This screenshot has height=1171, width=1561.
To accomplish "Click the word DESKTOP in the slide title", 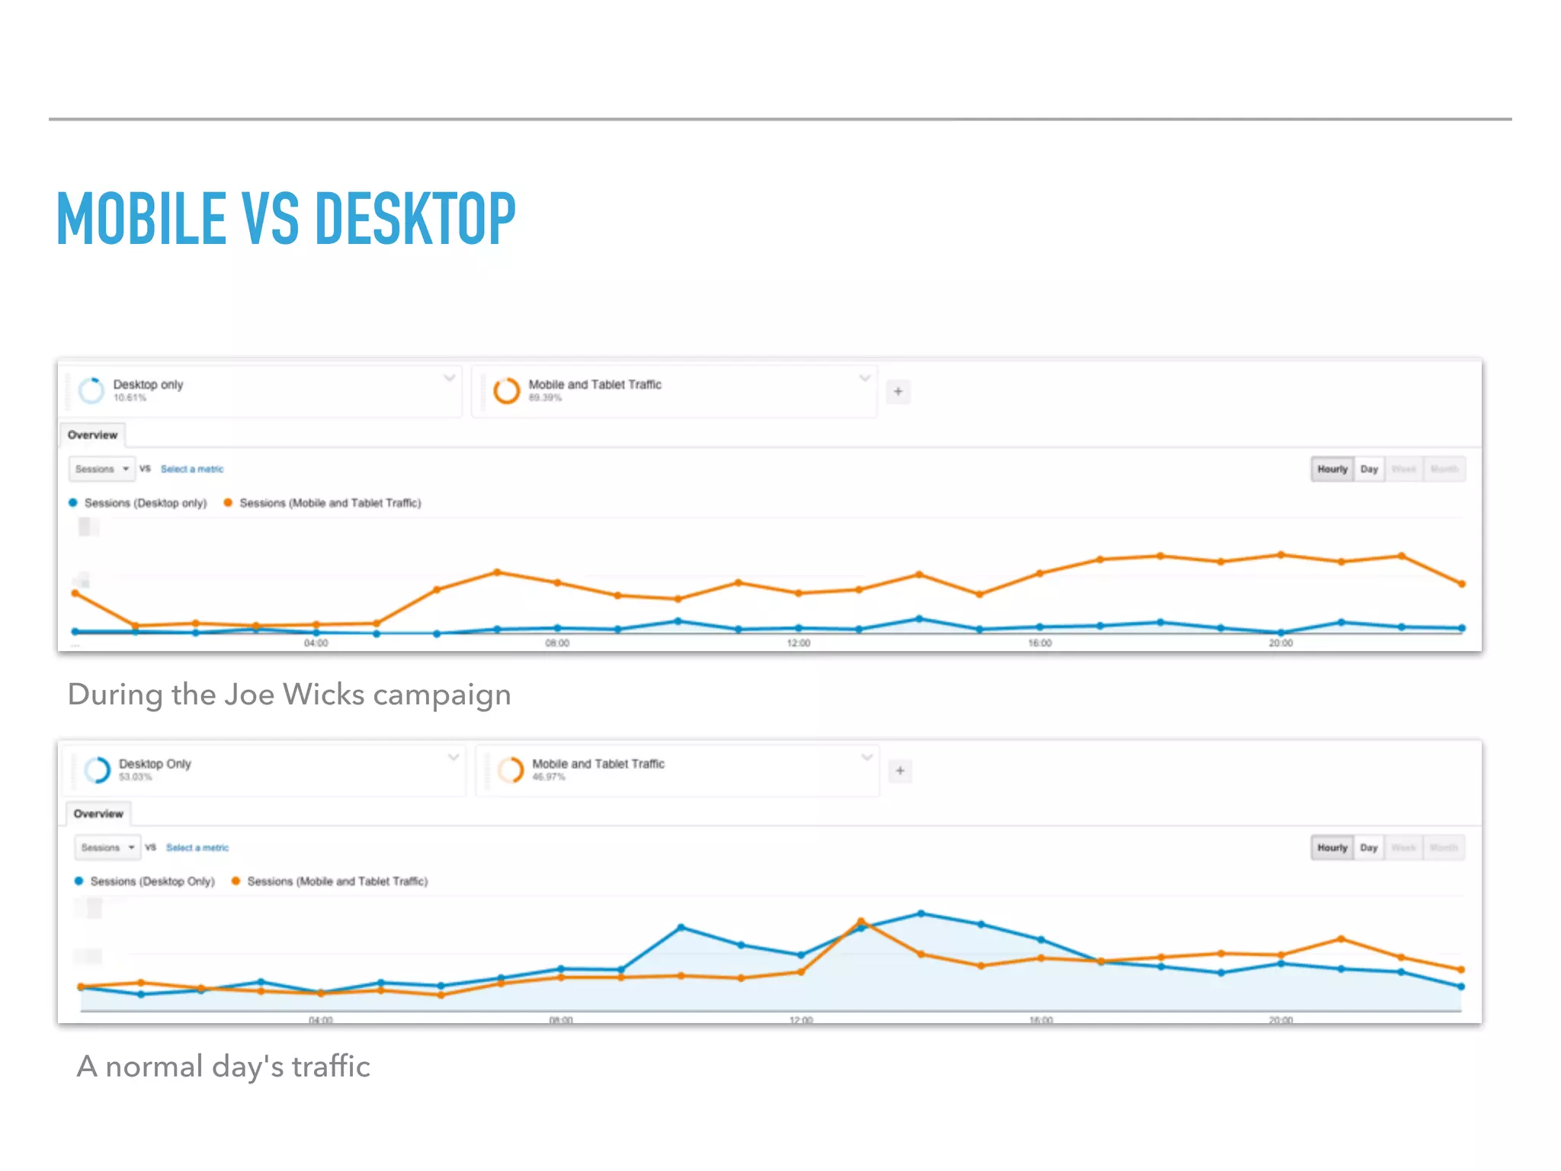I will tap(415, 219).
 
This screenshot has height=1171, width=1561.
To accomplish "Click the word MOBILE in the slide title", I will tap(142, 219).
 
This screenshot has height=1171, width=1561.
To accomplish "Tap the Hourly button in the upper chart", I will tap(1332, 469).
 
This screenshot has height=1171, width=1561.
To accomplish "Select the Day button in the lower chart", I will tap(1369, 848).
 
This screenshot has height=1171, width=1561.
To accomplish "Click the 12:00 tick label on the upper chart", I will tap(799, 643).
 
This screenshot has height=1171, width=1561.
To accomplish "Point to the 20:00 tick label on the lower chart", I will tap(1281, 1020).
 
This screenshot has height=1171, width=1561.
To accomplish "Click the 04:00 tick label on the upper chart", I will tap(316, 643).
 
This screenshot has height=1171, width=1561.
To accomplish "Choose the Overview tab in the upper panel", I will tap(92, 435).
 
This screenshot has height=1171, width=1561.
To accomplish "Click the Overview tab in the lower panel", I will tap(98, 813).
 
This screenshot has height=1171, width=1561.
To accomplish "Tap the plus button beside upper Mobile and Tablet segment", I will tap(898, 391).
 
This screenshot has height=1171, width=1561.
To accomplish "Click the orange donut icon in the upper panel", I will tap(506, 390).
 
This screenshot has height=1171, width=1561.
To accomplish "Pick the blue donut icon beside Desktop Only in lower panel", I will tap(98, 770).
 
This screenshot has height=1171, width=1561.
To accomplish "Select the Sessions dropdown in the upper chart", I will tap(101, 469).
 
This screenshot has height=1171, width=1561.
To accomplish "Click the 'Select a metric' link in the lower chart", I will tap(197, 848).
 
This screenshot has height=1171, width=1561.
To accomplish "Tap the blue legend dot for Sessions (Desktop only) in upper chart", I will tap(73, 502).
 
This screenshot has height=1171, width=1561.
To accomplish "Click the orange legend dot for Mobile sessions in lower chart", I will tap(236, 881).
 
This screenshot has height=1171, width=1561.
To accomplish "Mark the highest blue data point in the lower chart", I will tap(921, 913).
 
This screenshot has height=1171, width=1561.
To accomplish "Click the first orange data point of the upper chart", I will tap(75, 592).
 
